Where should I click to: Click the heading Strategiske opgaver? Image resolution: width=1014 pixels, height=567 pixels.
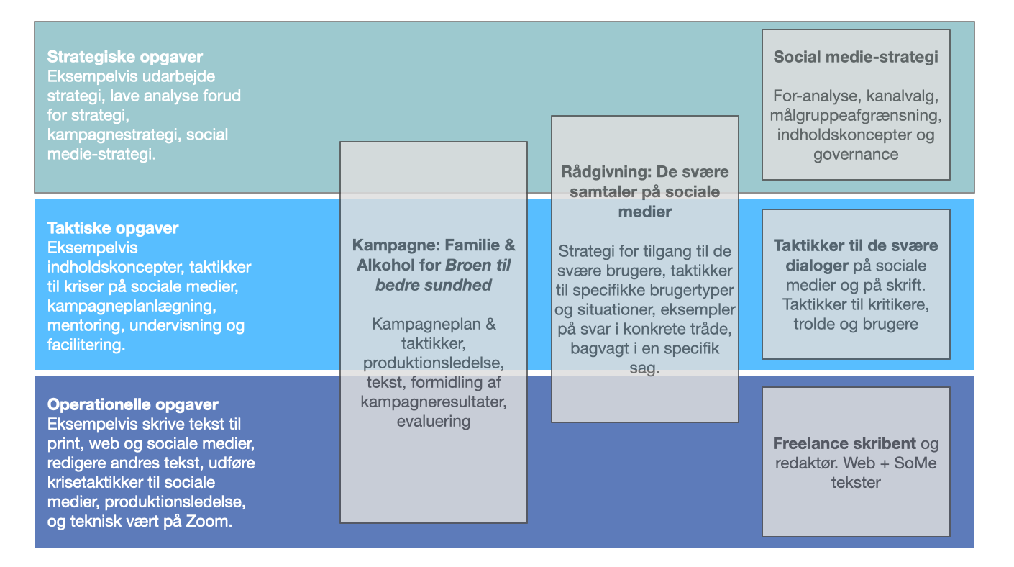pos(125,57)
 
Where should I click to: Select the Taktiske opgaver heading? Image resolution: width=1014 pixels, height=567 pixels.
pos(113,228)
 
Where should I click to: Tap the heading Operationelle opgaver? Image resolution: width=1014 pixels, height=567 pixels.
pos(133,404)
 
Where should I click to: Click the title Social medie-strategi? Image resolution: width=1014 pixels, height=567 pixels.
pos(856,57)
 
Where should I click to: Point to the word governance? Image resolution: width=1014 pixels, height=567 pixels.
pos(856,154)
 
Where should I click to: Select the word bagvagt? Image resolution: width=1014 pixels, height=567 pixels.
pos(602,349)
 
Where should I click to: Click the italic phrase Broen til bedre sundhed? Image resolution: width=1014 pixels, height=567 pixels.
pos(434,275)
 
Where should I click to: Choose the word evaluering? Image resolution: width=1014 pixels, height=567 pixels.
pos(434,421)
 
